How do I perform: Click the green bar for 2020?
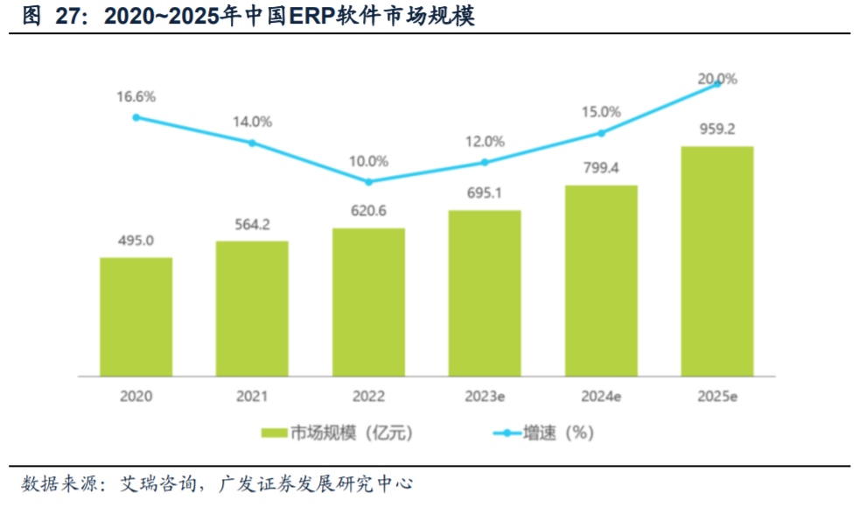(x=136, y=317)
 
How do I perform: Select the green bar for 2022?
(x=368, y=302)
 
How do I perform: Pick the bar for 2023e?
(x=485, y=293)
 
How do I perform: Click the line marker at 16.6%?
(x=136, y=116)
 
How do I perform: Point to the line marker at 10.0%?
(x=368, y=182)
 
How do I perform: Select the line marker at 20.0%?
(x=717, y=83)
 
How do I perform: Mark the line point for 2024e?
(x=601, y=133)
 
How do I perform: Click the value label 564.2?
(x=252, y=225)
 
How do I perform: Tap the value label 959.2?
(x=716, y=129)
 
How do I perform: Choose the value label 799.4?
(x=601, y=169)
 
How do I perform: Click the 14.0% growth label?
(x=252, y=122)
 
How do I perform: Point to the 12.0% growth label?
(x=485, y=141)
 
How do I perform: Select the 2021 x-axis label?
(x=252, y=396)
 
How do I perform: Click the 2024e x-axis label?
(x=601, y=396)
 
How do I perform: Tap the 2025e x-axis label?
(x=717, y=396)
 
